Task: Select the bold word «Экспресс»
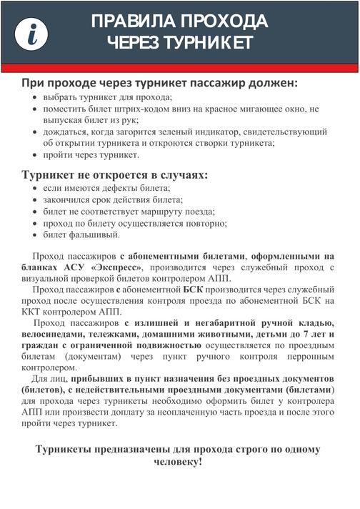[x=109, y=267]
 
